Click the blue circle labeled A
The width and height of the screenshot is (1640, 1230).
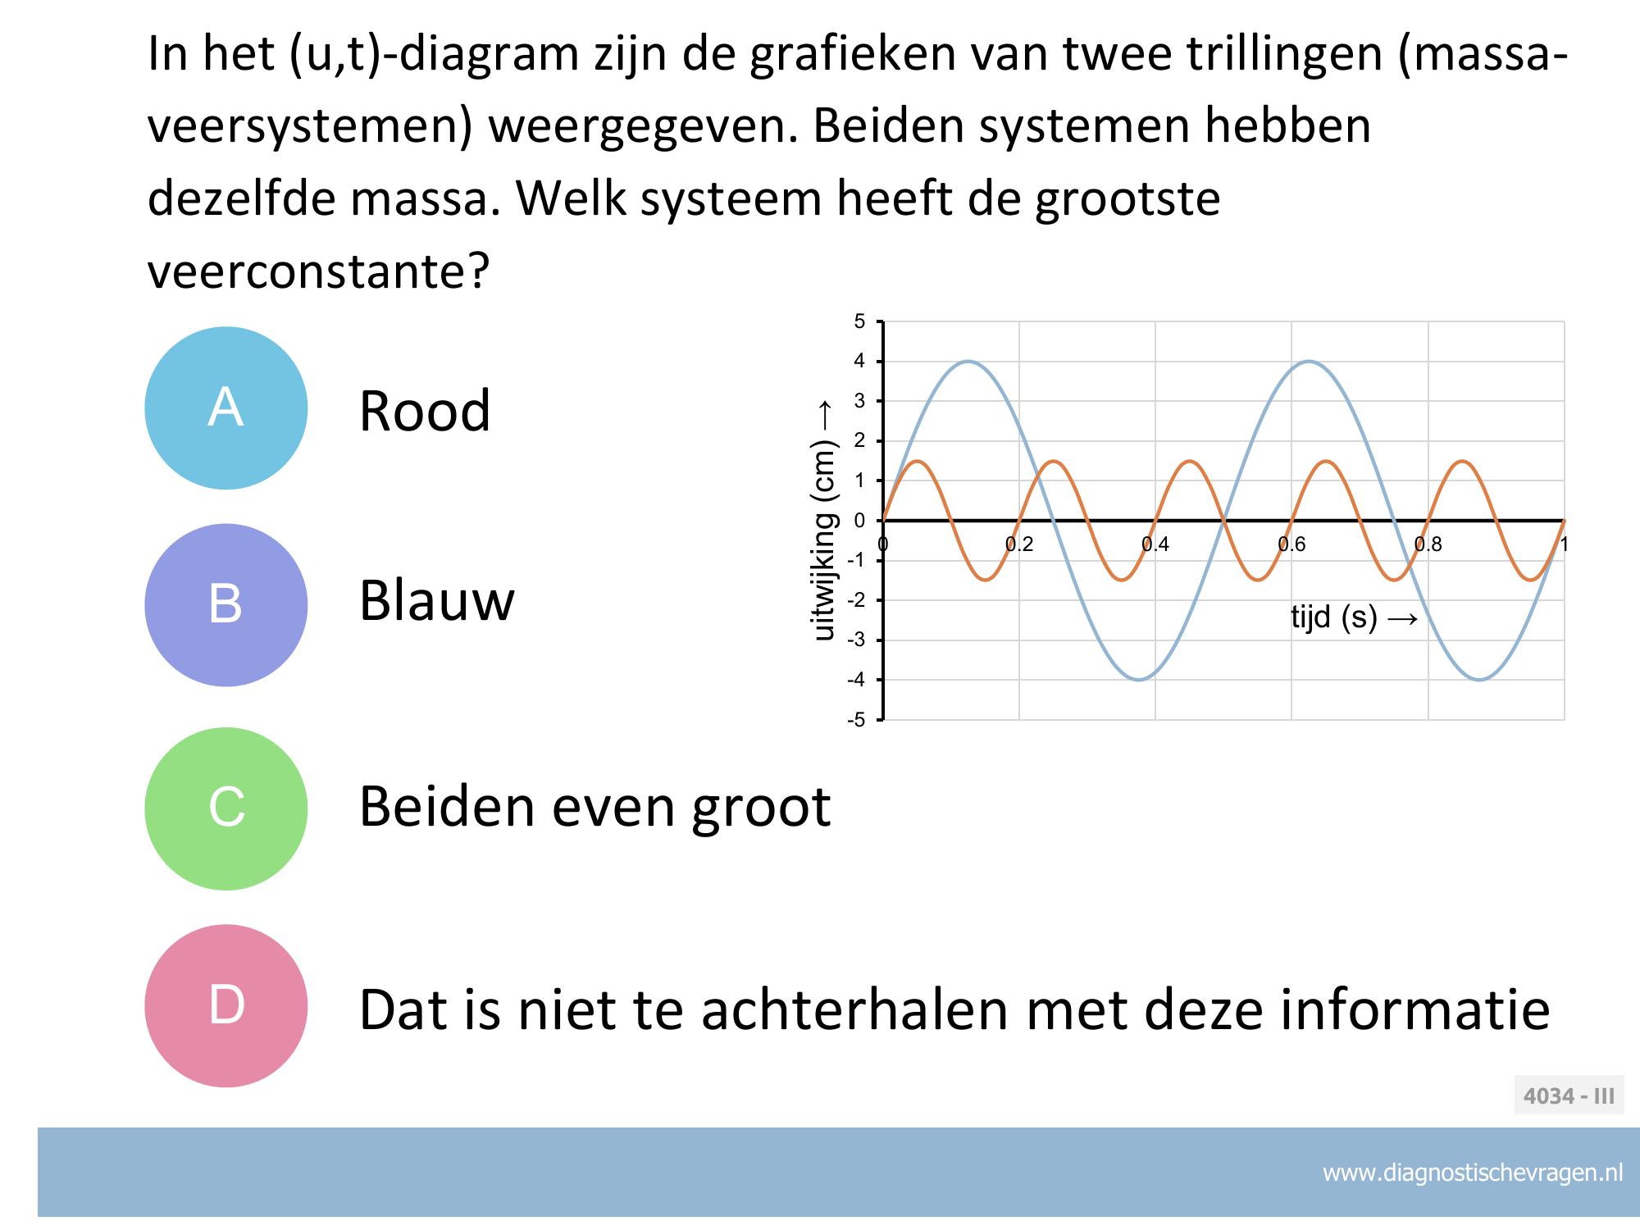[226, 408]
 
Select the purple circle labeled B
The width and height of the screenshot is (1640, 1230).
[226, 605]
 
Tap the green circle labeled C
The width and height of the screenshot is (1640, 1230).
[226, 809]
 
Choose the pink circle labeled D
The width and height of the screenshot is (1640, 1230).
[226, 1006]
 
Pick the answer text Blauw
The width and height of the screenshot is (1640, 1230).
[437, 600]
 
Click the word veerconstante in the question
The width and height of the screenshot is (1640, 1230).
[318, 271]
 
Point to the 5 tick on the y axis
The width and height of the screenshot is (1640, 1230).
[859, 321]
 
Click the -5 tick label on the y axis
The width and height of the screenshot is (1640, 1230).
[856, 720]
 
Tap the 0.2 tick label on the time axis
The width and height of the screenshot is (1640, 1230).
[1019, 544]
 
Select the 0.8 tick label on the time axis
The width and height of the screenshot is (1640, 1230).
[1428, 544]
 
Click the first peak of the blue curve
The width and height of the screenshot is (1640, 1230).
[968, 361]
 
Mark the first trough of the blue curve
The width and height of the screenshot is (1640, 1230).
[1139, 680]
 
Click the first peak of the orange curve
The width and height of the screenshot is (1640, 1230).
[917, 461]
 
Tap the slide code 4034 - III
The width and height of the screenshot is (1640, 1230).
[1569, 1096]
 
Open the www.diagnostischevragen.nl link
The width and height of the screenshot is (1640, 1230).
[1473, 1173]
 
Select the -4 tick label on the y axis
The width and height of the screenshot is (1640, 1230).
[856, 680]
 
